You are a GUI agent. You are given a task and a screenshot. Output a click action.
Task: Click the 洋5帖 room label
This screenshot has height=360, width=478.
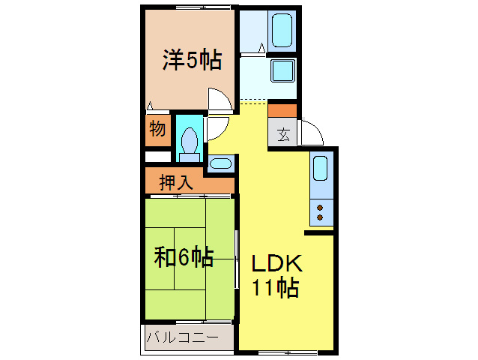click(x=192, y=60)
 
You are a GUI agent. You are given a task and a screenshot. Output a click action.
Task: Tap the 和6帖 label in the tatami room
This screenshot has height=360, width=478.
click(x=184, y=258)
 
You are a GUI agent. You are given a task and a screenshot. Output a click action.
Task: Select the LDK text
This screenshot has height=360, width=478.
click(x=275, y=264)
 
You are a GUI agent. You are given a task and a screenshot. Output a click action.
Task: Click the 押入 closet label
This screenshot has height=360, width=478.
click(x=177, y=181)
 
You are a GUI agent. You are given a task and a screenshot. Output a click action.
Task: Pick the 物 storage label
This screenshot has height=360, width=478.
click(x=157, y=128)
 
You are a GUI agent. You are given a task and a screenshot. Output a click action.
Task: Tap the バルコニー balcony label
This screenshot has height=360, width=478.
click(x=182, y=337)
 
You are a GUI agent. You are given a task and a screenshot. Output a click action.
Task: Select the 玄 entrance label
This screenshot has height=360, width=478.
click(x=284, y=135)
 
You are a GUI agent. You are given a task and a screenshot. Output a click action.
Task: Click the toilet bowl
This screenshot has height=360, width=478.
click(x=190, y=139)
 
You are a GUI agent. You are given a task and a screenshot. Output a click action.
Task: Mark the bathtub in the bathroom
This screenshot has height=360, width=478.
click(x=282, y=30)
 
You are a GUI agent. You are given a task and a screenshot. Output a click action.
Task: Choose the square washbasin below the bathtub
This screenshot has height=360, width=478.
click(x=282, y=71)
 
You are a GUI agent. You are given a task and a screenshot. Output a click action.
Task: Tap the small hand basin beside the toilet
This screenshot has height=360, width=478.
click(x=220, y=163)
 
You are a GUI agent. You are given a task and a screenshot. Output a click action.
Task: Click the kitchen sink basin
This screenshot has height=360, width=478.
click(x=321, y=169)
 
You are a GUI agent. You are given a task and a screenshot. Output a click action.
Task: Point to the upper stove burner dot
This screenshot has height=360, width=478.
click(x=321, y=206)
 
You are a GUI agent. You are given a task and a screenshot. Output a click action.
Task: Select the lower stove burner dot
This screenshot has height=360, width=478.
click(x=321, y=217)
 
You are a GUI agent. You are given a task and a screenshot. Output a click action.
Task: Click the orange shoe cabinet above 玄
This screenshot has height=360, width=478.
click(x=282, y=111)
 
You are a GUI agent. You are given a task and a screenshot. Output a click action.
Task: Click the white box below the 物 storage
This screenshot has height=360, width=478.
click(x=157, y=156)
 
